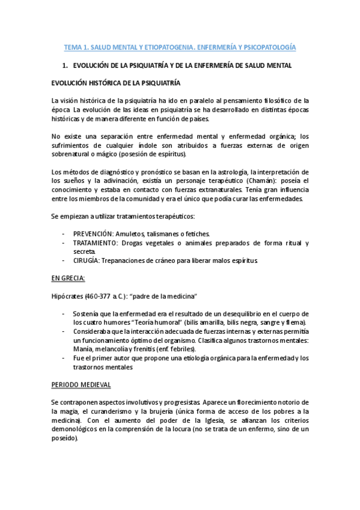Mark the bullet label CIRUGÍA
pyautogui.click(x=86, y=260)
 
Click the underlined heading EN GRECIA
pyautogui.click(x=68, y=278)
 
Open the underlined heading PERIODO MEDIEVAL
pyautogui.click(x=81, y=384)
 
